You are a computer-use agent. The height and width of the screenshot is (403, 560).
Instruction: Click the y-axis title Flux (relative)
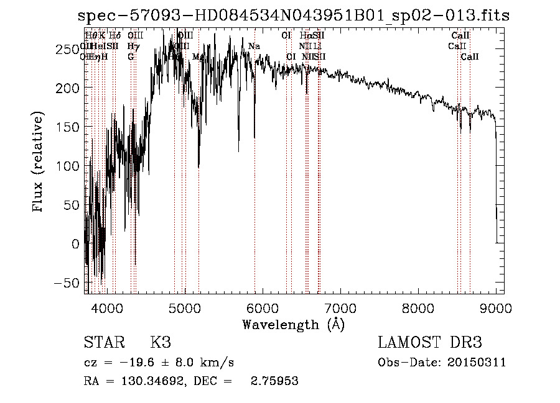[39, 162]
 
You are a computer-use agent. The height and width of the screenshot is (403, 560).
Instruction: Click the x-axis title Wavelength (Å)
[293, 324]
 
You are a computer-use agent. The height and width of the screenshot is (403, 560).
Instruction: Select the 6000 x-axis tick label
[262, 307]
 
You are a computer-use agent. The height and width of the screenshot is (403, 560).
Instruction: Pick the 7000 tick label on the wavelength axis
[340, 307]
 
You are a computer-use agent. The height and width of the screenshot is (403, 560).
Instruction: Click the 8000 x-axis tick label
[418, 307]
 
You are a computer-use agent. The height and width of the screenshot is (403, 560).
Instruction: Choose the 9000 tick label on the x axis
[495, 307]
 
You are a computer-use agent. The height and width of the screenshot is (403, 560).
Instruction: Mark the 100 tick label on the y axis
[69, 166]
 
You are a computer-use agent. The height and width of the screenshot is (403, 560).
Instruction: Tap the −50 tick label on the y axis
[69, 283]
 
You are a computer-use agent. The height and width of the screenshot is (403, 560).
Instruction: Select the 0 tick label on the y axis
[75, 244]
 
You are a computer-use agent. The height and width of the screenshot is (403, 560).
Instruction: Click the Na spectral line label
[254, 47]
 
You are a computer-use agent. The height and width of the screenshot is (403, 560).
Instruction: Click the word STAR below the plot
[104, 343]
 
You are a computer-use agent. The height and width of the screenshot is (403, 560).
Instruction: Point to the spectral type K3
[161, 343]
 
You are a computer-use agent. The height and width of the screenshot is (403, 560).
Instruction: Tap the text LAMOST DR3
[430, 343]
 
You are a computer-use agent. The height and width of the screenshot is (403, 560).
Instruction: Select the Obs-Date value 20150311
[477, 363]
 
